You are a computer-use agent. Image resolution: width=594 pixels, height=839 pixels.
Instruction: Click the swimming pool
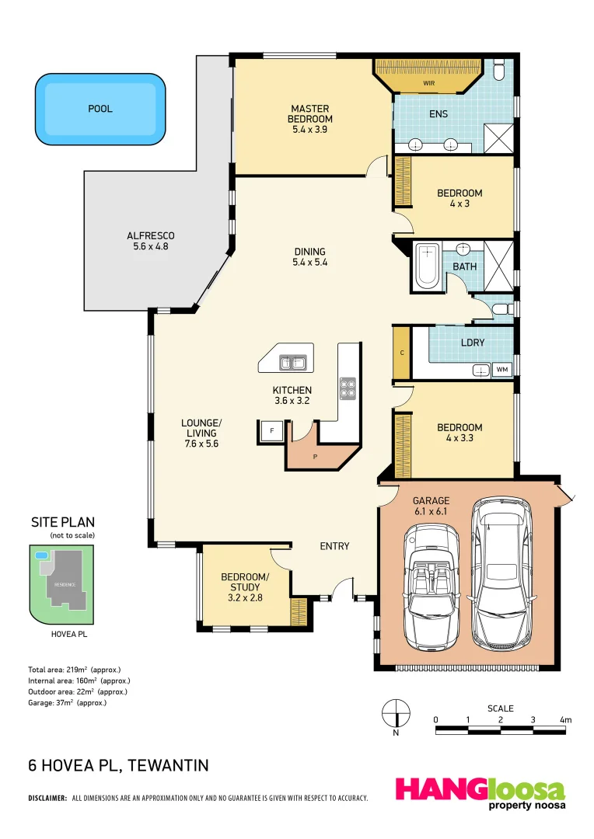coord(100,110)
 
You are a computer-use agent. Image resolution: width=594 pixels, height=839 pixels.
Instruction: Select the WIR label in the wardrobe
coord(428,82)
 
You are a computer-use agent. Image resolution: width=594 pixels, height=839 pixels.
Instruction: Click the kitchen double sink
coord(294,362)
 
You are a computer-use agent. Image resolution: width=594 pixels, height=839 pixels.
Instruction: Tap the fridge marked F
coord(272,430)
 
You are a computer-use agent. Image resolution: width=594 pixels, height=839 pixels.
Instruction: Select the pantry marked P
coord(316,455)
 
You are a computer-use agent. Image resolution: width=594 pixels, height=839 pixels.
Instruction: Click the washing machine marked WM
coord(501,370)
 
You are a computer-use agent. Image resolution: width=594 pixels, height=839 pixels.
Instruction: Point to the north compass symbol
coord(396,713)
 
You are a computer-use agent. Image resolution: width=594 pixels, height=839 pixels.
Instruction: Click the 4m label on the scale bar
coord(565,720)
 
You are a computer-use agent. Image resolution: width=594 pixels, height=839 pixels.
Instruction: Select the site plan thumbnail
coord(62,584)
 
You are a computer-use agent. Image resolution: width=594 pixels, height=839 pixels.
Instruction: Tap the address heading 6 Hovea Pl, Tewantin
coord(118,766)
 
